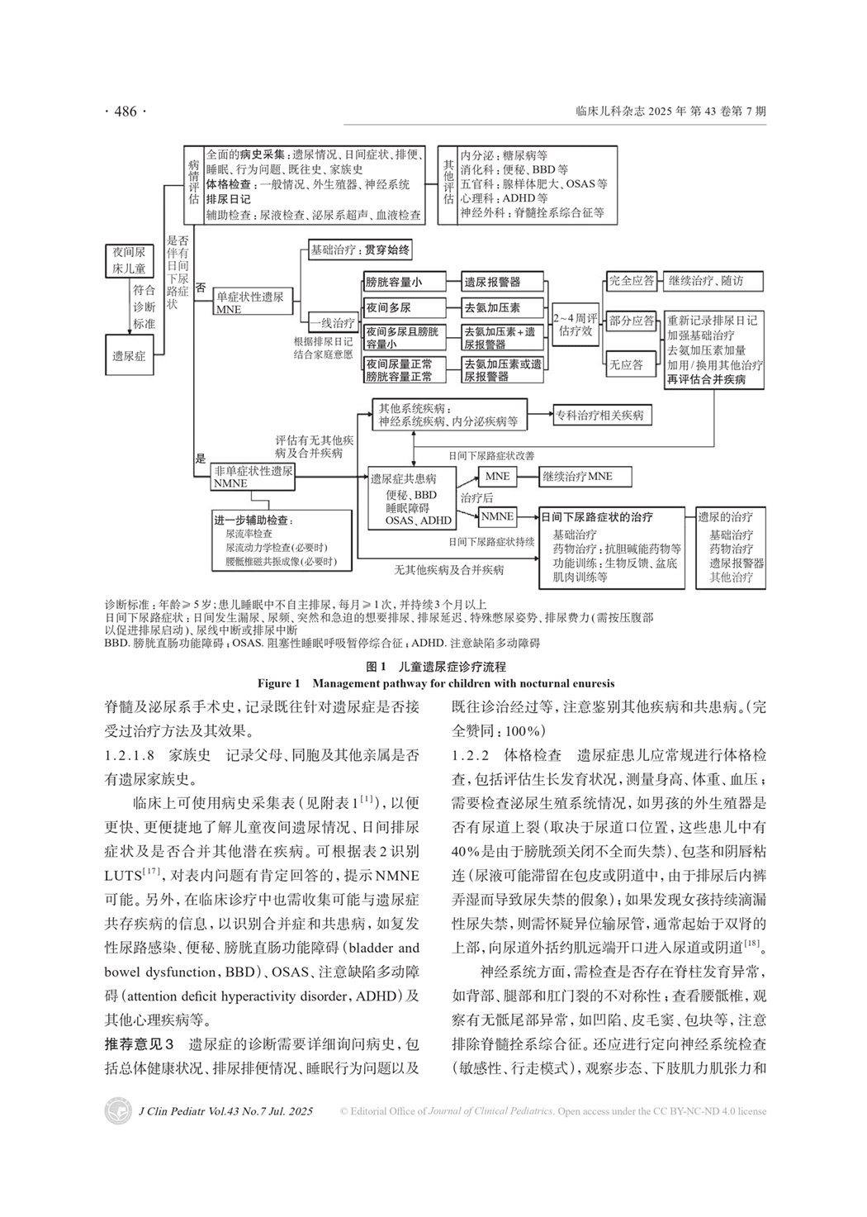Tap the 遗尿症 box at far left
pos(129,355)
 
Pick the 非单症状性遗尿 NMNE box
pos(253,476)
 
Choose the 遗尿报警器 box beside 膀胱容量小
pos(502,282)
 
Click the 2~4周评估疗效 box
pos(576,324)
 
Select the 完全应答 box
pos(631,281)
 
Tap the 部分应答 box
pos(631,321)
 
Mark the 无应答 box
pos(626,364)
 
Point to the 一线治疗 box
pos(332,323)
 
